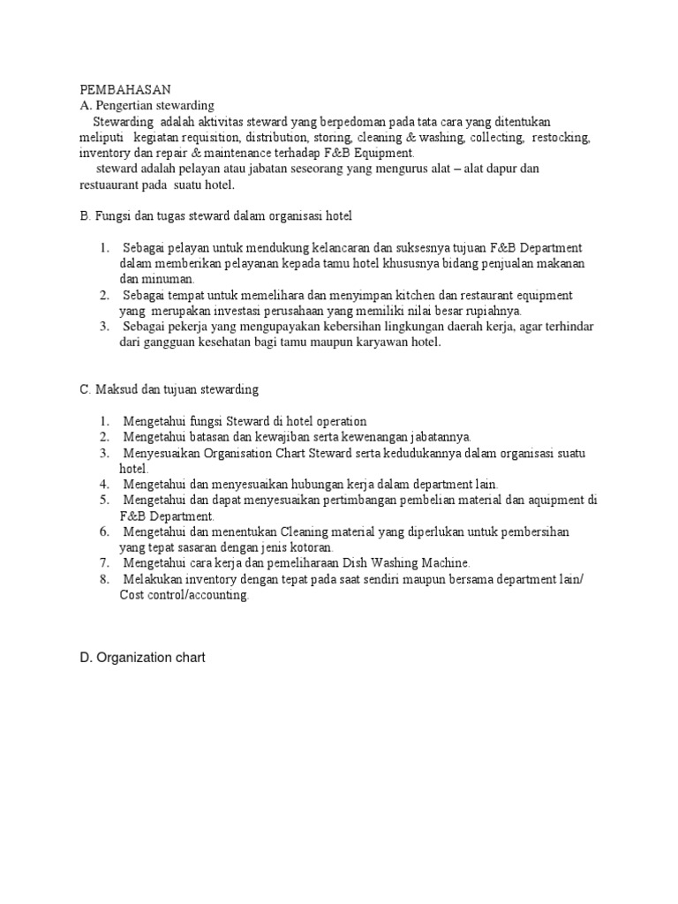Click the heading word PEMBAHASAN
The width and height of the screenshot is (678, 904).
click(x=124, y=89)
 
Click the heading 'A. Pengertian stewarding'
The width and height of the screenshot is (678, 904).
click(x=147, y=105)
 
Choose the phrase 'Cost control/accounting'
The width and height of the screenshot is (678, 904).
click(x=185, y=595)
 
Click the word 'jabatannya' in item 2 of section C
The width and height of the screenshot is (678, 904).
click(x=440, y=437)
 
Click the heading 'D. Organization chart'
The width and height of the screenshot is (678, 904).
click(x=142, y=658)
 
